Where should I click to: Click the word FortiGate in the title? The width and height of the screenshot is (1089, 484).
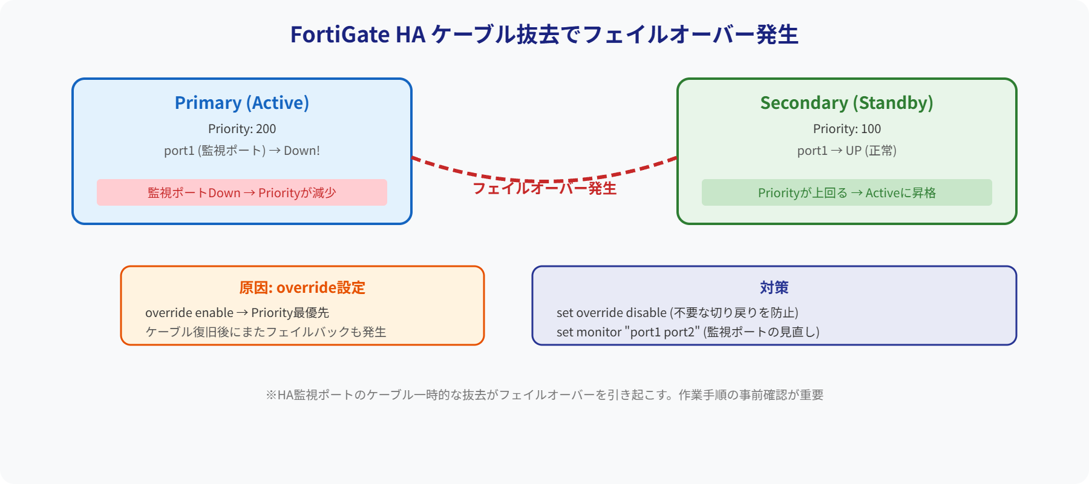339,34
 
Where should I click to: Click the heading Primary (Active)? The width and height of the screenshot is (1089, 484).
242,103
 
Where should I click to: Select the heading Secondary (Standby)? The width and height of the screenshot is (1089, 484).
846,103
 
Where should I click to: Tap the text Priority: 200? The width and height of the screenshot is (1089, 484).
242,129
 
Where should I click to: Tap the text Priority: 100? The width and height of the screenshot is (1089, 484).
846,129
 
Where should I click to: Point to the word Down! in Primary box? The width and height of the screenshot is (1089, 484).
301,151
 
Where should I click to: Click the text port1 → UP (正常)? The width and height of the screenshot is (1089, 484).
846,151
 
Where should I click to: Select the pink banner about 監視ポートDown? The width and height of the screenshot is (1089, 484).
242,192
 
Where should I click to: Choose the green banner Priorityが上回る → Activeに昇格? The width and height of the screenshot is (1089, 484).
846,192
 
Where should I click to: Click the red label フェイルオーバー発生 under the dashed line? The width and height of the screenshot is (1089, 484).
544,189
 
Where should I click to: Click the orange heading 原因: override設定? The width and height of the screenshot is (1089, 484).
302,287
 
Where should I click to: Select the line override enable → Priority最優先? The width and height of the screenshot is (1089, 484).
237,313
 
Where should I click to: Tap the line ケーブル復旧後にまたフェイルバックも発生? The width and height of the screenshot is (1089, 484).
266,332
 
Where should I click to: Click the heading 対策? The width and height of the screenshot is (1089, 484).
774,287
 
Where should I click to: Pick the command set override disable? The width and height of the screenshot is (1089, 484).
611,313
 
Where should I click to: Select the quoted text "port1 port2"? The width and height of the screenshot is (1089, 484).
664,332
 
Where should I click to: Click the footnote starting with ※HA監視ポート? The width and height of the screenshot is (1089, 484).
544,395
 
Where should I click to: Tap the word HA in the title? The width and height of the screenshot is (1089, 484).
410,34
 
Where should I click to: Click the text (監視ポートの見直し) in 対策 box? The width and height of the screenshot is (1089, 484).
761,332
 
